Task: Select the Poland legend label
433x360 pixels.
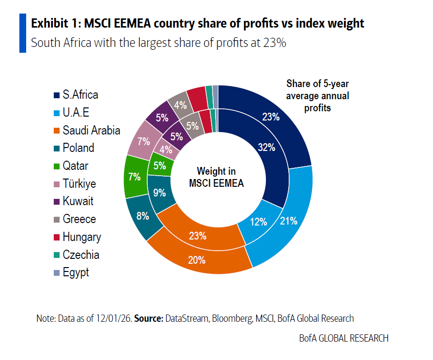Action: pos(78,148)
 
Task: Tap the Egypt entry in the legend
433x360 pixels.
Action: pos(76,272)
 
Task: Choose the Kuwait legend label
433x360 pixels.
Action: pos(78,201)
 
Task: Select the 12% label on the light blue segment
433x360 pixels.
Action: pos(258,222)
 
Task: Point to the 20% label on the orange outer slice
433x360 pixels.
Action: pos(196,260)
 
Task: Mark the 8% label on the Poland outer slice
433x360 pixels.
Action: pos(142,216)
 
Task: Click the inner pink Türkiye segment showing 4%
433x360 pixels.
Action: pos(167,150)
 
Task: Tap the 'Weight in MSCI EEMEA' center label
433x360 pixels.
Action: pos(216,177)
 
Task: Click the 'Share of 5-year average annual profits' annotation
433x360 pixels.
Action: pos(317,95)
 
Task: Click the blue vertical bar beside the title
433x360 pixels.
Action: pos(22,33)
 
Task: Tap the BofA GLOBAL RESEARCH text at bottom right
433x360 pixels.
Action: pos(343,338)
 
